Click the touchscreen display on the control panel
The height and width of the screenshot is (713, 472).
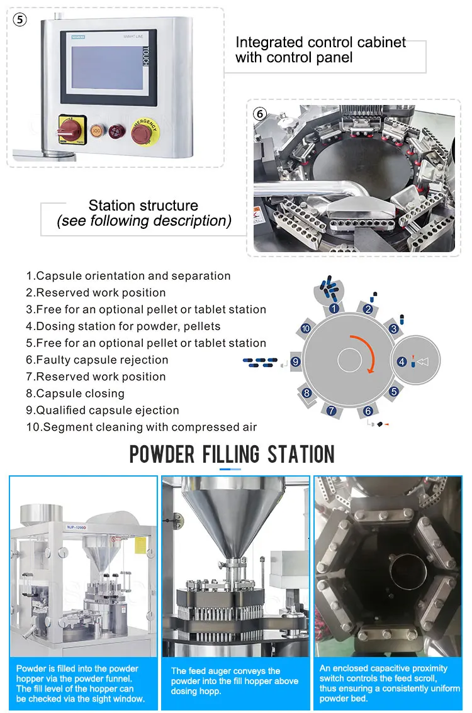(x=108, y=67)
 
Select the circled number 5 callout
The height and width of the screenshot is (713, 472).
(x=20, y=19)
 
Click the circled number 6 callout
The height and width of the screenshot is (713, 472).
(x=259, y=114)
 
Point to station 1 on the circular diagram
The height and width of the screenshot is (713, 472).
(x=334, y=308)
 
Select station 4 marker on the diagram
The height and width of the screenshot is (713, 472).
(x=402, y=362)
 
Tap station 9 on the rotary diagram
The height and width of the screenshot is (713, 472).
(x=295, y=362)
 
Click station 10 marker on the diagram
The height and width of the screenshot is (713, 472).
(x=305, y=328)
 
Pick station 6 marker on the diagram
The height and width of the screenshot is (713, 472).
(x=368, y=411)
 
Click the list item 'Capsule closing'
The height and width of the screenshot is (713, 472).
(x=75, y=394)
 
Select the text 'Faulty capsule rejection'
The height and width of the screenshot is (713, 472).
(x=97, y=360)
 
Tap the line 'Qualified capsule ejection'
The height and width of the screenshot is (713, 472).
(x=103, y=410)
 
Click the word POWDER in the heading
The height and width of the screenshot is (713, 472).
(x=162, y=454)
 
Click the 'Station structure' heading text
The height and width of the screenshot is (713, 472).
(x=143, y=206)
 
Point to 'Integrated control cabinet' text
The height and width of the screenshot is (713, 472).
(x=320, y=42)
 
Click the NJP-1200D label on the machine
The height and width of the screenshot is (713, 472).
(x=76, y=528)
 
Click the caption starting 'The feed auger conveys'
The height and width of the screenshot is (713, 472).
(x=234, y=681)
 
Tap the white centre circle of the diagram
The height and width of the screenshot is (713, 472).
(x=349, y=361)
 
